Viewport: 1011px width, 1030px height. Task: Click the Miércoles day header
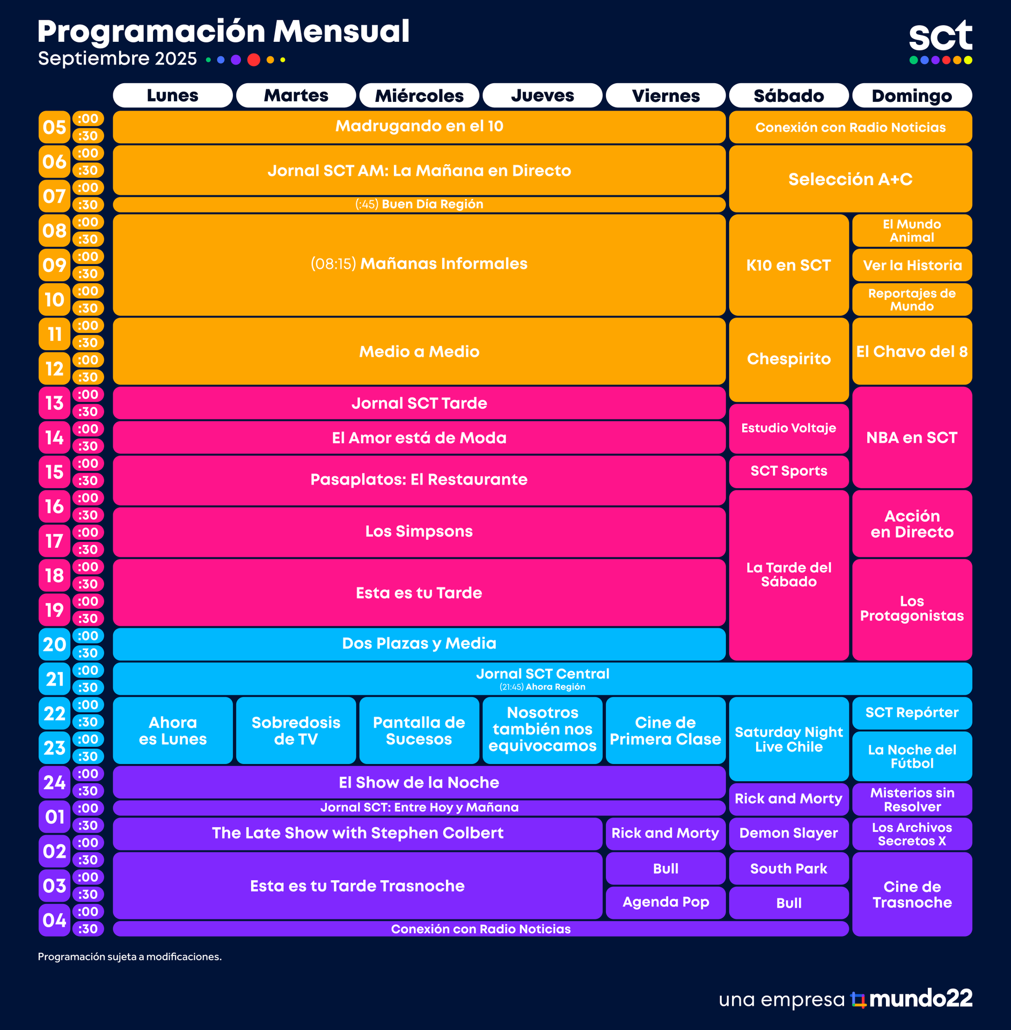[x=419, y=95]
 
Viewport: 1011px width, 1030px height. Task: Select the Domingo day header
[x=912, y=95]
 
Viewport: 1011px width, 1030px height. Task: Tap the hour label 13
[x=55, y=403]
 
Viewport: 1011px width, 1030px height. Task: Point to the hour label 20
[x=55, y=644]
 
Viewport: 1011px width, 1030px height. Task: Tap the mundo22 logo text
[x=920, y=998]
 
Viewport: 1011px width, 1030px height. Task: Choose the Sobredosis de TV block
[x=296, y=730]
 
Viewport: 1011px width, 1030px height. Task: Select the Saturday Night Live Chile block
[x=788, y=739]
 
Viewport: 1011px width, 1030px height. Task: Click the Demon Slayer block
[x=788, y=833]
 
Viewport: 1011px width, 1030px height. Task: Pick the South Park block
[x=788, y=869]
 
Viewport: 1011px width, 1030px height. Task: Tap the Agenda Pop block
[x=665, y=902]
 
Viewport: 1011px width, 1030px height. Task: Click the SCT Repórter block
[x=912, y=712]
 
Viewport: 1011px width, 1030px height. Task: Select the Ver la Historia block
[x=912, y=265]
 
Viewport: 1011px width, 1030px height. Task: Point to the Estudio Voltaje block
[x=788, y=428]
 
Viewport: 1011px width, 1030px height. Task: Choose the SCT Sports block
[x=788, y=471]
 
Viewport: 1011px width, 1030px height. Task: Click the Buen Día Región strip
[x=419, y=204]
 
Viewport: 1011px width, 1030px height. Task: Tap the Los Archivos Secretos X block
[x=912, y=834]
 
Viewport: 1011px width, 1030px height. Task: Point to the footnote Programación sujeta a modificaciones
[x=129, y=957]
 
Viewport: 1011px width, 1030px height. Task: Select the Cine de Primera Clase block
[x=665, y=730]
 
